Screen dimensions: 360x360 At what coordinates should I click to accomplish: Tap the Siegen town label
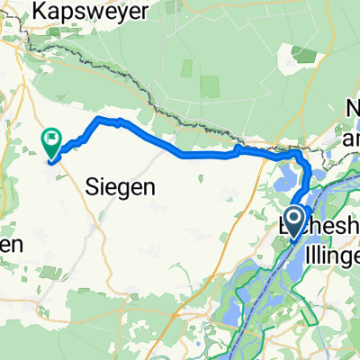point(120,187)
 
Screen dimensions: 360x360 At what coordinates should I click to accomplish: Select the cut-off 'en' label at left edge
point(12,244)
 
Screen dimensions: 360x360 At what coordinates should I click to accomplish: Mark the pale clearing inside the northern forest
point(210,86)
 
